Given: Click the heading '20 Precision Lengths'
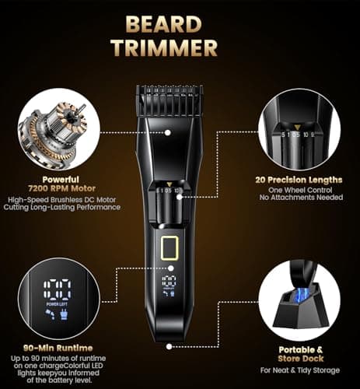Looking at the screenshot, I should tap(299, 180).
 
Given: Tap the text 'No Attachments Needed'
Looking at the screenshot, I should tap(299, 199).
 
